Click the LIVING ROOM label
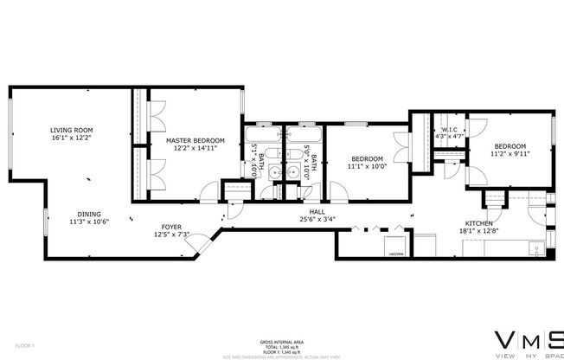71,130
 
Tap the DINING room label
89,214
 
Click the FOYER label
170,227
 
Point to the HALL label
317,212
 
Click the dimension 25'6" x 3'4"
317,219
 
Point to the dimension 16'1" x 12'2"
71,137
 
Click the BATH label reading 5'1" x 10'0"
253,164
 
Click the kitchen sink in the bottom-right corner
536,252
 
